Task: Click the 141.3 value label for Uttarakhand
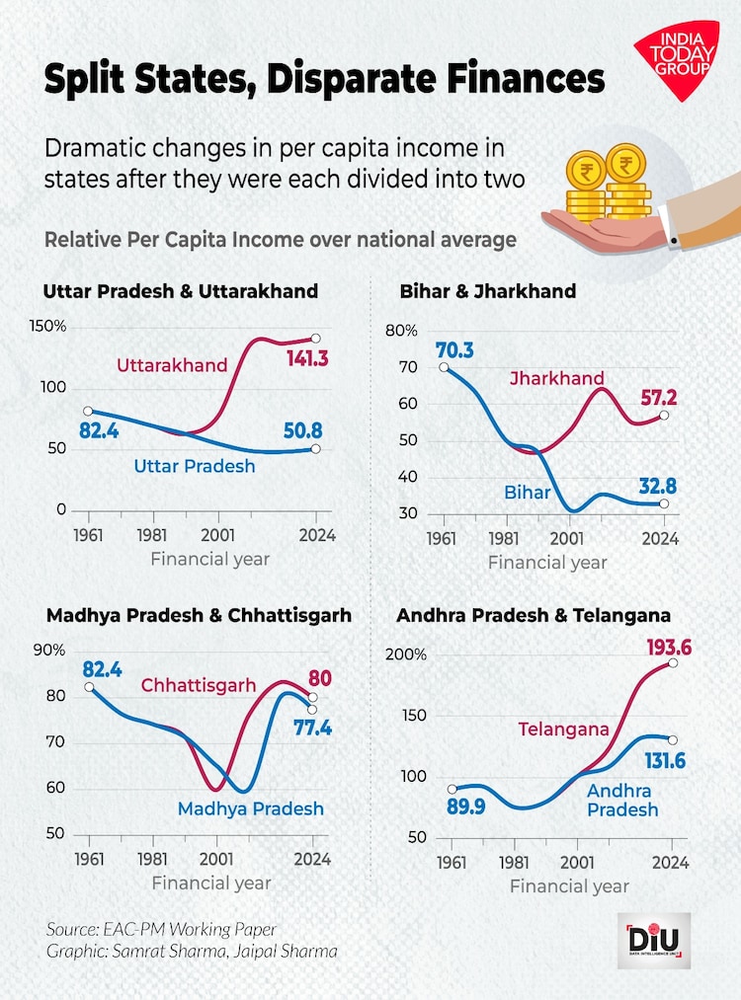click(x=307, y=358)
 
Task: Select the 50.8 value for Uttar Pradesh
click(x=302, y=430)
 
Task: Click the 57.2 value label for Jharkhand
click(x=654, y=397)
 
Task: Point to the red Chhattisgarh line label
click(x=198, y=685)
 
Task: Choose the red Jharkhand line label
click(x=558, y=378)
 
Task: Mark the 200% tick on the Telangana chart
click(x=406, y=655)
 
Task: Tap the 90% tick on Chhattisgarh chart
click(x=49, y=651)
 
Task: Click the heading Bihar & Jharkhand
click(x=487, y=291)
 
